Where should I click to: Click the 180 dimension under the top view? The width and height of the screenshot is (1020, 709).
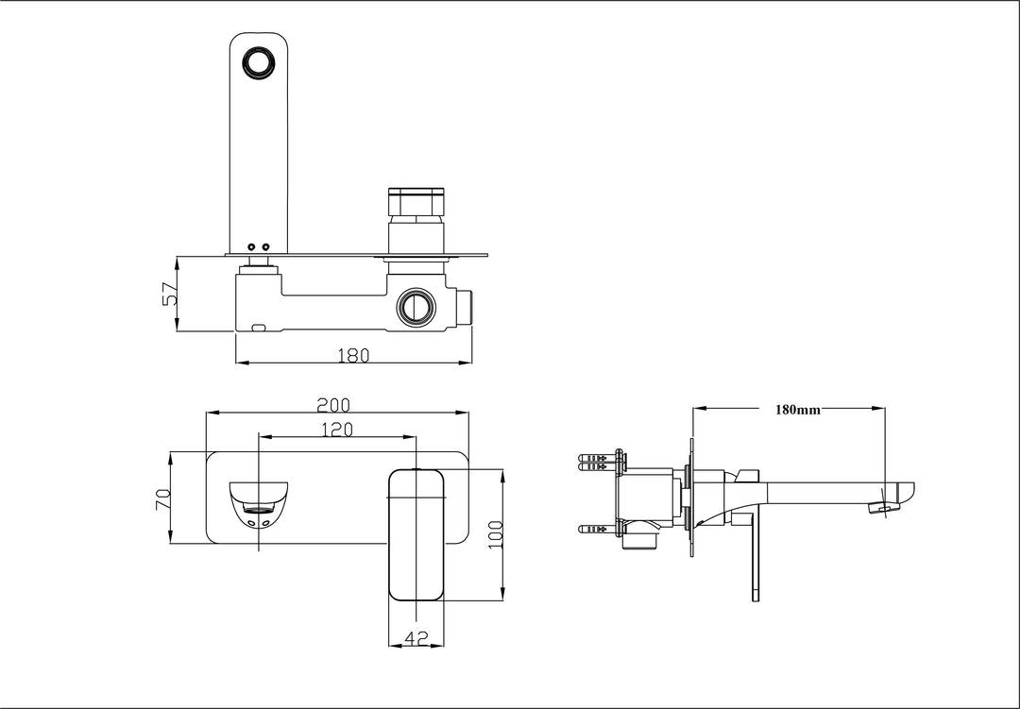coord(353,355)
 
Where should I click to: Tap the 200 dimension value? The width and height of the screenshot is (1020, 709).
coord(333,405)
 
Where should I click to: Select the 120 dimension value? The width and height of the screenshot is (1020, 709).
coord(336,430)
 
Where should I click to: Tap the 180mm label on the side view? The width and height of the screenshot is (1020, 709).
coord(798,410)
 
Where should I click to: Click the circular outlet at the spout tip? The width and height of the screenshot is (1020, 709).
coord(257,63)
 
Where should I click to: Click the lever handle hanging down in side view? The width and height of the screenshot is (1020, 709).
coord(756,557)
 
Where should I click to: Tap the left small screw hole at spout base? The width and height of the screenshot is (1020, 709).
coord(251,247)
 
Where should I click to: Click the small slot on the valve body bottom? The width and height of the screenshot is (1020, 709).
coord(259,328)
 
